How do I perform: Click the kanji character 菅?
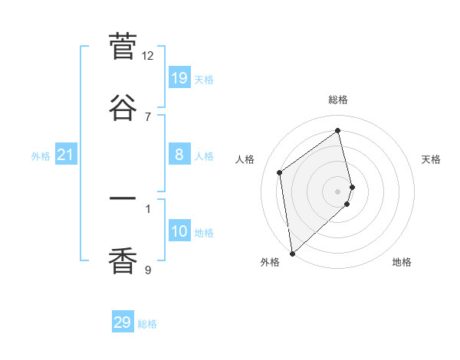(123, 47)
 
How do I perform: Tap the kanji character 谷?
(123, 108)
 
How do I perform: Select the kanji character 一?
(123, 200)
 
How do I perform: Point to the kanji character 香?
(123, 261)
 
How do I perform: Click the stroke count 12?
(147, 55)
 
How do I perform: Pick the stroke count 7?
(147, 116)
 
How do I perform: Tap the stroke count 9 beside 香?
(147, 270)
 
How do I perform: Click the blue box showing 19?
(179, 78)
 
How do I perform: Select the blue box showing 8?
(179, 155)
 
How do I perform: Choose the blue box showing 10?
(179, 231)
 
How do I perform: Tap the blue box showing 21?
(66, 155)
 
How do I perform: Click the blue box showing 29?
(123, 322)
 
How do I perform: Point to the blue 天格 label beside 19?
(204, 80)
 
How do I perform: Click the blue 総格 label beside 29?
(147, 324)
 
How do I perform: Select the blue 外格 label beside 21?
(41, 156)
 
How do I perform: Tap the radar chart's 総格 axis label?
(338, 100)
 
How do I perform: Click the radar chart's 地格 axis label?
(402, 262)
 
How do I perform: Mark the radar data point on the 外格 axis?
(292, 253)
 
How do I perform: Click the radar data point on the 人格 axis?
(280, 172)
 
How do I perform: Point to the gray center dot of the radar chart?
(338, 190)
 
